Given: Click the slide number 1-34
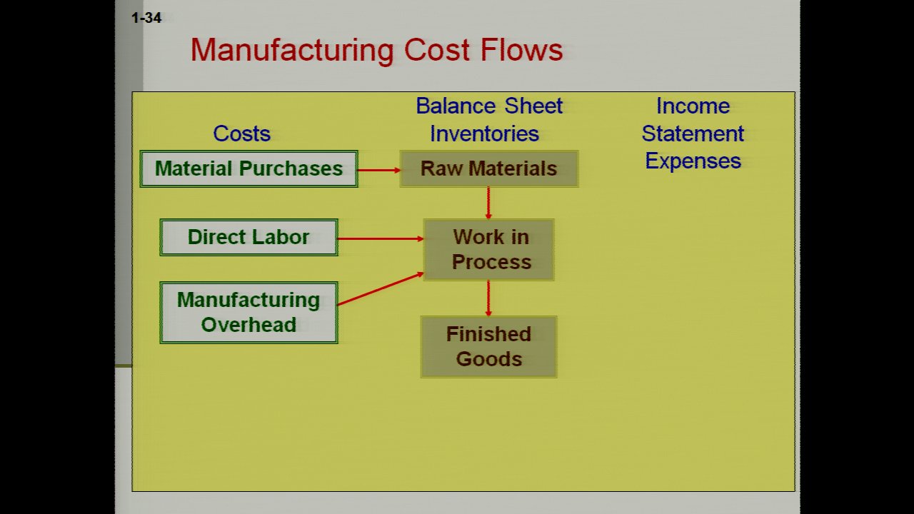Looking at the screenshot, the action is pyautogui.click(x=146, y=18).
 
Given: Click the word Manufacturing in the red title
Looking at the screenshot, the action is pyautogui.click(x=292, y=51).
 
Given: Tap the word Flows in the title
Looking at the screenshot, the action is pyautogui.click(x=522, y=50).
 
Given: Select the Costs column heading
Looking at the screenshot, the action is pyautogui.click(x=241, y=133).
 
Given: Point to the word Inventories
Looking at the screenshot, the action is pyautogui.click(x=484, y=133).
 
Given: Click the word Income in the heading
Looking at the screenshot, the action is pyautogui.click(x=693, y=106).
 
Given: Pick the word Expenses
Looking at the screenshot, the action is pyautogui.click(x=693, y=161).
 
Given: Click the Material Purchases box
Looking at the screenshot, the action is pyautogui.click(x=249, y=169).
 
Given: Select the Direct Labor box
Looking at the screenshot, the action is pyautogui.click(x=249, y=238).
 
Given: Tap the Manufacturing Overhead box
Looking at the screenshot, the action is pyautogui.click(x=249, y=313).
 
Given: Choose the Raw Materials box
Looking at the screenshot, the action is pyautogui.click(x=489, y=169).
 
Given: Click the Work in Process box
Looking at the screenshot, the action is pyautogui.click(x=489, y=250).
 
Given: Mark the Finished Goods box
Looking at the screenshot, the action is pyautogui.click(x=489, y=347).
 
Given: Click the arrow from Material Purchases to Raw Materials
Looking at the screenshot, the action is pyautogui.click(x=379, y=170).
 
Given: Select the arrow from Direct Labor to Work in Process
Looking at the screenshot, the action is pyautogui.click(x=381, y=238).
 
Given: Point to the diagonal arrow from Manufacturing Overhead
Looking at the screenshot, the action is pyautogui.click(x=381, y=289).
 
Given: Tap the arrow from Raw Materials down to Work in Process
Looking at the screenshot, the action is pyautogui.click(x=488, y=203).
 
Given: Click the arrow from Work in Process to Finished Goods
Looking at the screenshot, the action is pyautogui.click(x=488, y=298).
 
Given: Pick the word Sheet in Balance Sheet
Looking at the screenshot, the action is pyautogui.click(x=533, y=106).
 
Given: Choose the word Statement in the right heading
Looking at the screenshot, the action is pyautogui.click(x=693, y=133).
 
